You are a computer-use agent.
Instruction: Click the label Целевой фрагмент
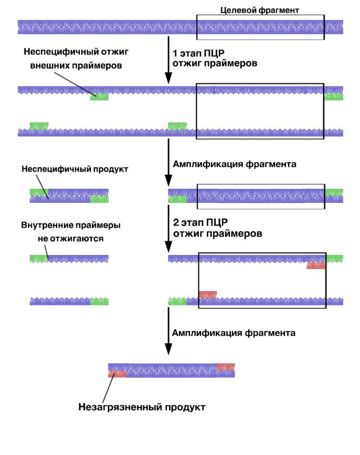coord(259,10)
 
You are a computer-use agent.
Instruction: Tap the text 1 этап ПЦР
coord(198,54)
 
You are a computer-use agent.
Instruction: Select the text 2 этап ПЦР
coord(201,222)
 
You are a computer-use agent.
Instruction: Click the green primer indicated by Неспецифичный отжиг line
coord(99,97)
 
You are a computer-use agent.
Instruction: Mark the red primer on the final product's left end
coord(117,373)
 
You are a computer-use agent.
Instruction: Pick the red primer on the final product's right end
coord(225,367)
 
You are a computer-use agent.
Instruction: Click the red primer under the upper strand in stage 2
coord(316,265)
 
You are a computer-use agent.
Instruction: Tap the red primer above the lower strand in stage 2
coord(208,295)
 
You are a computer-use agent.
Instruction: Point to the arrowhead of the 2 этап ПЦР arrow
coord(169,247)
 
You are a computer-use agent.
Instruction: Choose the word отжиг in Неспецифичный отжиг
coord(114,52)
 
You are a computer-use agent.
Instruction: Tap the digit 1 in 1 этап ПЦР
coord(175,54)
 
